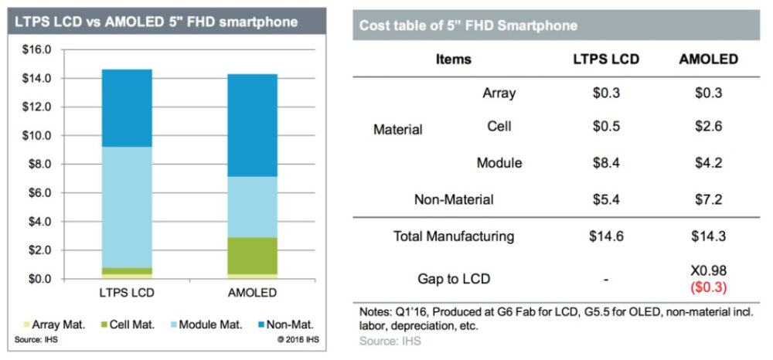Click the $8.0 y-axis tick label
point(38,165)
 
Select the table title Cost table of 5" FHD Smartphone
point(468,25)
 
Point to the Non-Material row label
point(453,200)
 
